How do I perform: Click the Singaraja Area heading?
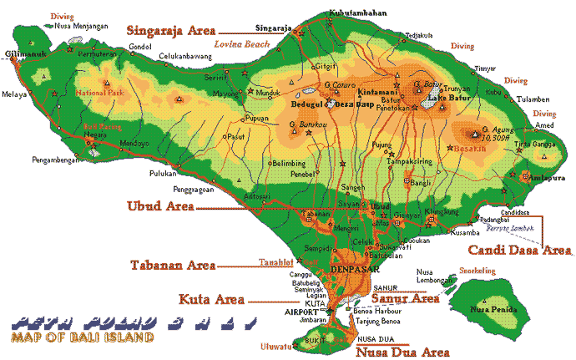tap(172, 30)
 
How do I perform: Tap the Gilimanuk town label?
tap(23, 53)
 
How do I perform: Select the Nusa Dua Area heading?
tap(404, 352)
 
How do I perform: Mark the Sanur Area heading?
tap(404, 297)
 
